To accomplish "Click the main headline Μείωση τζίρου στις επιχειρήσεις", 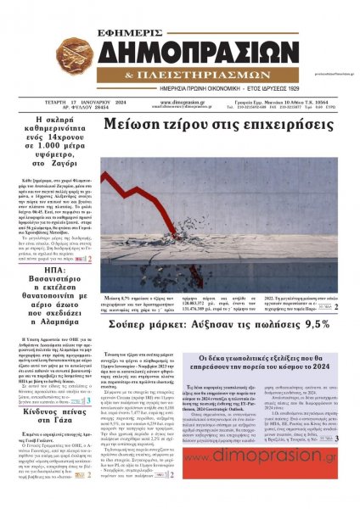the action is click(x=217, y=124).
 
